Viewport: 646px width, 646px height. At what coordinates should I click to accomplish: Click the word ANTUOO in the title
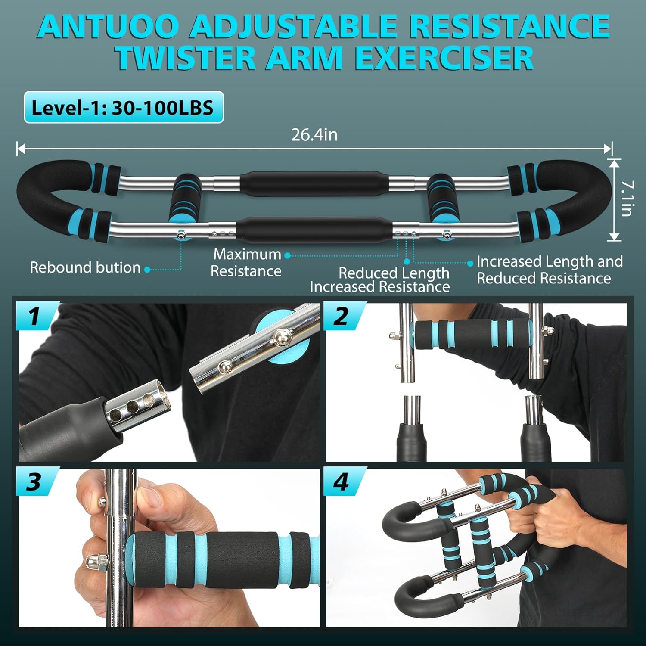tap(108, 27)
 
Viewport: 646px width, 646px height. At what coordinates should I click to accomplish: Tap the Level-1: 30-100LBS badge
tap(124, 107)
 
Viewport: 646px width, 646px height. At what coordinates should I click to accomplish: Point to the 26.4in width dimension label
tap(314, 135)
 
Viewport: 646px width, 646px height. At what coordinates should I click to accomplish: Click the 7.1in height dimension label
tap(627, 198)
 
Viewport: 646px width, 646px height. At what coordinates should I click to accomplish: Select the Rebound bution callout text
tap(85, 268)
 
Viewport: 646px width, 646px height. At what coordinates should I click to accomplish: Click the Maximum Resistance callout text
tap(246, 263)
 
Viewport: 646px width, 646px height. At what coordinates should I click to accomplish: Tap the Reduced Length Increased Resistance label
tap(380, 280)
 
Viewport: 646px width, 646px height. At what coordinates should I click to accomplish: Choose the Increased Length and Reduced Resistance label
tap(549, 270)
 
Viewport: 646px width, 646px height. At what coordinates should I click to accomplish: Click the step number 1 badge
tap(35, 317)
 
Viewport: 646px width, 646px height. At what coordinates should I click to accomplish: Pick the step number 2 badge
tap(342, 317)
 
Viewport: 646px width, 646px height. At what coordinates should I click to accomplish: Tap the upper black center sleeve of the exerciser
tap(314, 184)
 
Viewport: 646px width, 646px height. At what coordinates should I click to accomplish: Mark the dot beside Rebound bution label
tap(147, 270)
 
